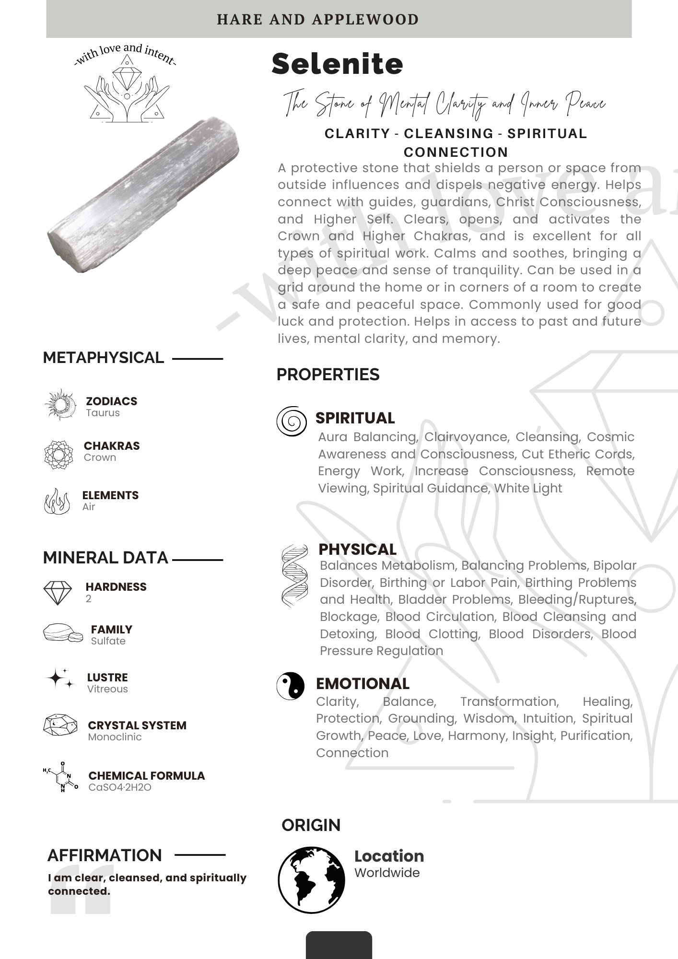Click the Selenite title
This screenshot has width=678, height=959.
tap(337, 64)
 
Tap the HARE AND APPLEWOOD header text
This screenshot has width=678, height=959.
tap(317, 20)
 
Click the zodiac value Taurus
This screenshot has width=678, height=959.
tap(103, 413)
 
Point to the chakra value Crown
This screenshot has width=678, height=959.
tap(100, 457)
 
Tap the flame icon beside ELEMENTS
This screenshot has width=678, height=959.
tap(57, 502)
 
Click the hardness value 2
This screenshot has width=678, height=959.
tap(88, 598)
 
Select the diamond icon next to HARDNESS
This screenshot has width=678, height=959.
tap(58, 593)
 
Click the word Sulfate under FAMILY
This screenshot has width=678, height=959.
tap(108, 641)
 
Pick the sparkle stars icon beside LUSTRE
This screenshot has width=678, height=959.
tap(60, 678)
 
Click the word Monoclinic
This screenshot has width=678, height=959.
tap(115, 737)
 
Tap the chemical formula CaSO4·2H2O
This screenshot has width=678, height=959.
tap(119, 787)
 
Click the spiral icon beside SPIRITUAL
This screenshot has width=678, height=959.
tap(291, 421)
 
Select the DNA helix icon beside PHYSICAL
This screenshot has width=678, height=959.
tap(294, 576)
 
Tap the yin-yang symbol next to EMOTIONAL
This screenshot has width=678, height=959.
tap(291, 686)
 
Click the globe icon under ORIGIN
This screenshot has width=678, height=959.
tap(311, 879)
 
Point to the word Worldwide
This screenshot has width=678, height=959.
tap(386, 873)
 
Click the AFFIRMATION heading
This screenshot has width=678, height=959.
tap(105, 855)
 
